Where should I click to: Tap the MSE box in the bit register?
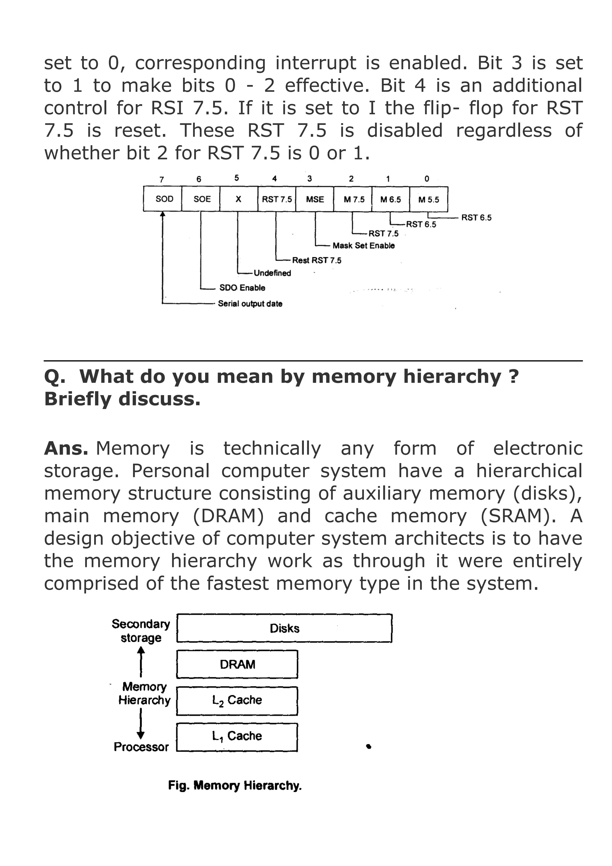click(x=315, y=199)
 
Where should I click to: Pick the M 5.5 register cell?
click(x=429, y=199)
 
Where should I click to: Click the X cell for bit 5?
click(x=238, y=199)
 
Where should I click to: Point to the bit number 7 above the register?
click(x=162, y=179)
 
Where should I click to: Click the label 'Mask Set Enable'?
click(x=363, y=246)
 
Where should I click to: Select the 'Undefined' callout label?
click(x=272, y=273)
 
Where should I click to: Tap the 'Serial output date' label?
click(x=250, y=304)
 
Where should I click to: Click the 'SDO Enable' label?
click(x=242, y=288)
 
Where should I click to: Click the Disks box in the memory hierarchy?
click(x=284, y=628)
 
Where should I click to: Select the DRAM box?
click(x=237, y=664)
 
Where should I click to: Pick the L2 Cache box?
click(x=237, y=700)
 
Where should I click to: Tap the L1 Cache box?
click(x=237, y=736)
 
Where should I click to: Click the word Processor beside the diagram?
click(x=141, y=747)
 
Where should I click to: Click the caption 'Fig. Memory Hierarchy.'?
click(x=235, y=786)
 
